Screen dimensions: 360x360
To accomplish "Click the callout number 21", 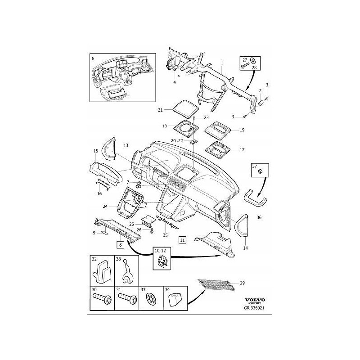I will point(160,110).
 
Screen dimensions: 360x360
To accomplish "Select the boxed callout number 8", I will point(120,245).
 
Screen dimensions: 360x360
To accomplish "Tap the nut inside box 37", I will point(261,171).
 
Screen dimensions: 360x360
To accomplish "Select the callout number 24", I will point(104,207).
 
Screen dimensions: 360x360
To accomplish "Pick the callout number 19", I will point(242,130).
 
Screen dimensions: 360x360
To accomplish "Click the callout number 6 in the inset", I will point(93,59).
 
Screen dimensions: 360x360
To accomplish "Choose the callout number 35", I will point(166,234).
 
